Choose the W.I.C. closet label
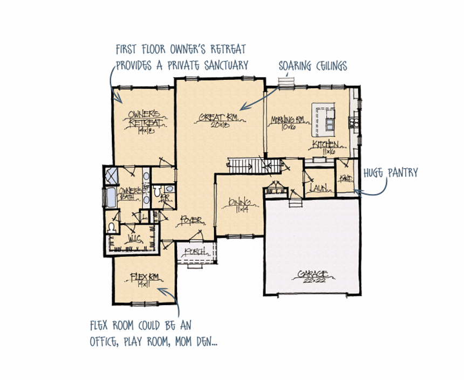click(x=134, y=237)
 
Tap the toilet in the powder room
click(x=157, y=191)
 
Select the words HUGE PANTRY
click(x=391, y=173)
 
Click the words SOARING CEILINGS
click(x=312, y=66)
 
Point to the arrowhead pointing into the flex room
click(x=162, y=289)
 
